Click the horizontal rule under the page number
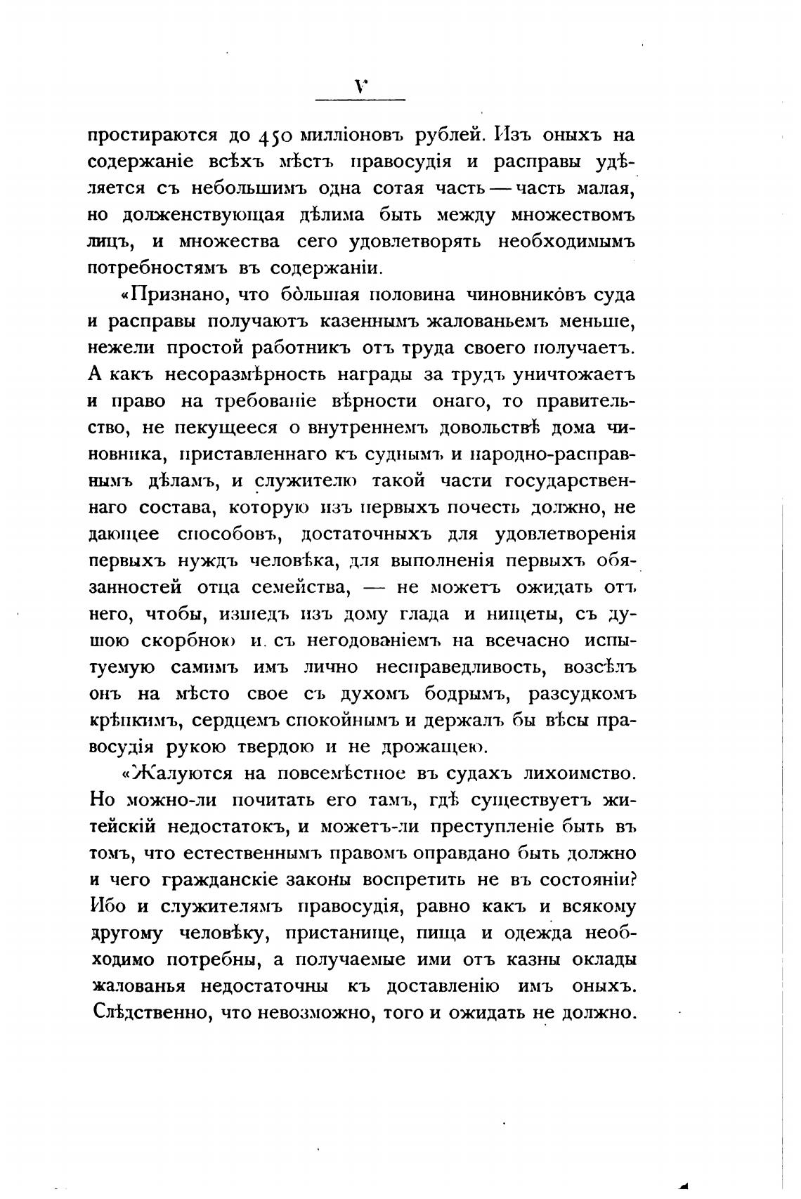[360, 100]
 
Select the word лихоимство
[580, 773]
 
